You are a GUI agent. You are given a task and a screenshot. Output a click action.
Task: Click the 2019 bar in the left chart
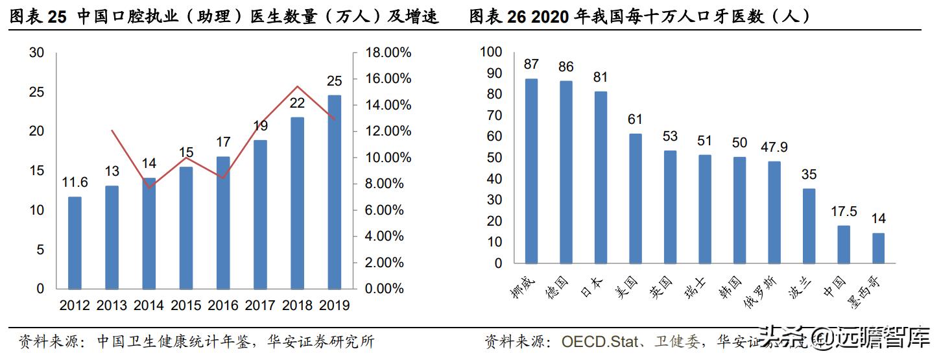pyautogui.click(x=334, y=192)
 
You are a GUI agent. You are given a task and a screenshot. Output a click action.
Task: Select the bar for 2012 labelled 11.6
pyautogui.click(x=75, y=243)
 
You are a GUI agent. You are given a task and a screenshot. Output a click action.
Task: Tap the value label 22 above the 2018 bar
pyautogui.click(x=297, y=103)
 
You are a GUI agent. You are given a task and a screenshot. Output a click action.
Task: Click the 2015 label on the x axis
pyautogui.click(x=186, y=305)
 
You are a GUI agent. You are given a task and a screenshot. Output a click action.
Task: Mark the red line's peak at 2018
pyautogui.click(x=296, y=86)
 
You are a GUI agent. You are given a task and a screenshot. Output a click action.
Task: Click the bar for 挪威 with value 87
pyautogui.click(x=532, y=171)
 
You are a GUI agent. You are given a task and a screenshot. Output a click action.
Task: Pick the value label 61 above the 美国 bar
pyautogui.click(x=636, y=119)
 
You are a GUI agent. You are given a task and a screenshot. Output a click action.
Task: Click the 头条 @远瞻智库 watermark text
pyautogui.click(x=843, y=339)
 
